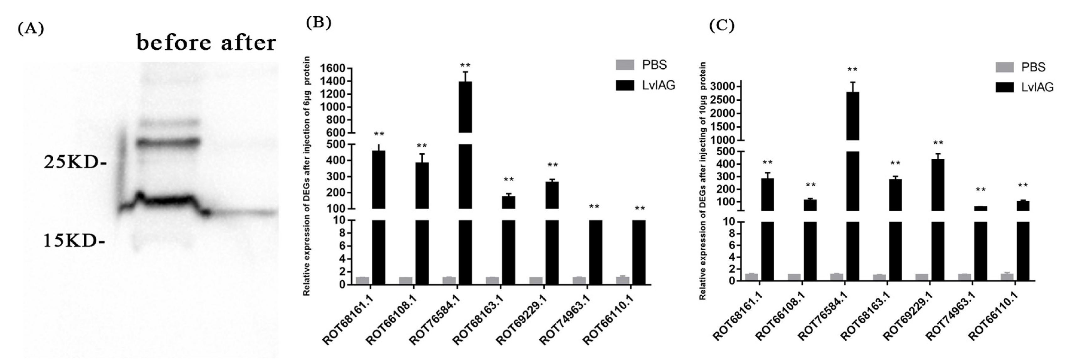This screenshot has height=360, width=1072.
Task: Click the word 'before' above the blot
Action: pyautogui.click(x=175, y=43)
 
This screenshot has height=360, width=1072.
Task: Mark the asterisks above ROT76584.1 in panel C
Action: pyautogui.click(x=852, y=70)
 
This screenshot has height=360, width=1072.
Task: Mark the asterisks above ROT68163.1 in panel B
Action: pyautogui.click(x=509, y=180)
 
